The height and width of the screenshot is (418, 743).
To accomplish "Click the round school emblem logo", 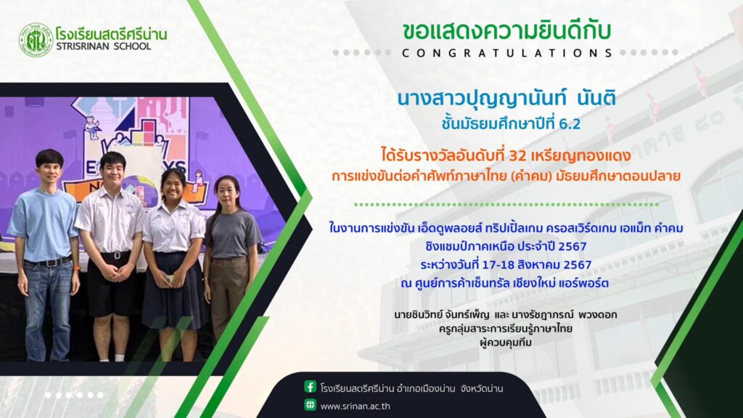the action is click(x=36, y=41).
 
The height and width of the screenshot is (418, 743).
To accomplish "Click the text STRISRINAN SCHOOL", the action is click(x=103, y=46).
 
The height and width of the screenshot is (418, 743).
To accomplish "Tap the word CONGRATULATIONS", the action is click(x=507, y=53).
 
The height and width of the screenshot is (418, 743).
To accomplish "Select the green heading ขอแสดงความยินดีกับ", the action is click(x=506, y=30).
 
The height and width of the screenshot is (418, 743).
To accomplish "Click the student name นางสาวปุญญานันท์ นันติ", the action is click(x=506, y=99).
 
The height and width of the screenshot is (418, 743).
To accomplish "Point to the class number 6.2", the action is click(x=570, y=124).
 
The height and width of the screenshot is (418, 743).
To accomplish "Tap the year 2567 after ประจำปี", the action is click(x=572, y=247).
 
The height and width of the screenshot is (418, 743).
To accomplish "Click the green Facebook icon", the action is click(x=311, y=387).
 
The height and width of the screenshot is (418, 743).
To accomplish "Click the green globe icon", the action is click(x=311, y=405).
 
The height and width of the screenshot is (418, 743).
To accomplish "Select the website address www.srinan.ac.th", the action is click(x=356, y=406).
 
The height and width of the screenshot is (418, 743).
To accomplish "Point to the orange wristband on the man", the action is click(x=77, y=269).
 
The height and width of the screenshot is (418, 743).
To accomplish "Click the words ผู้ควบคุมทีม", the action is click(x=506, y=343).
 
